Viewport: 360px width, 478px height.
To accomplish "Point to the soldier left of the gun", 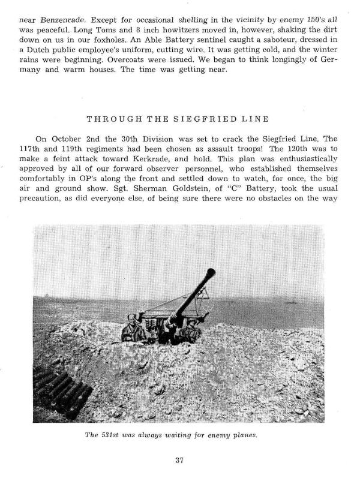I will point(131,327).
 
